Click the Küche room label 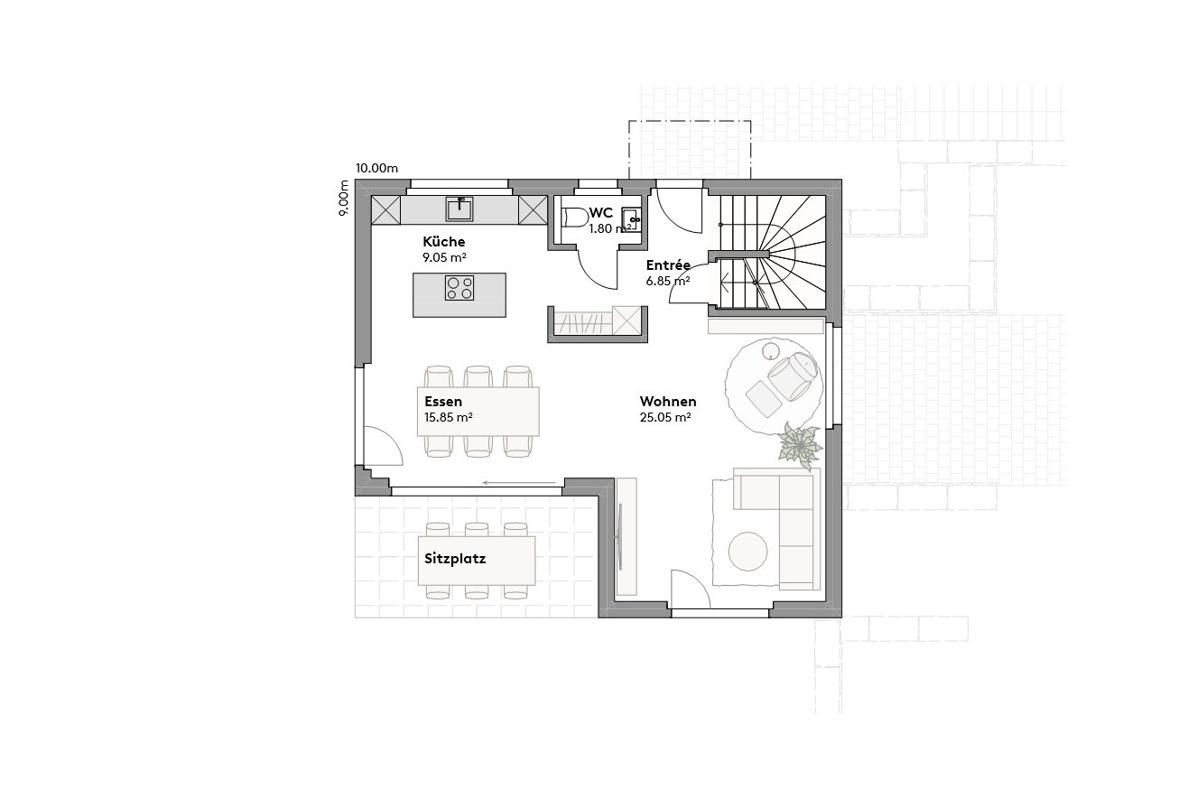coord(444,242)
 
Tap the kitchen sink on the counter coord(459,209)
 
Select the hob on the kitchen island coord(459,288)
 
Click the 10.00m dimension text coord(376,168)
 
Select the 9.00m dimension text coord(344,198)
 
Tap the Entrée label coord(668,265)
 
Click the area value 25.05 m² coord(665,417)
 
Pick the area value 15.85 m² coord(449,417)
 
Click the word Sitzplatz coord(455,559)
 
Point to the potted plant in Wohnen coord(801,445)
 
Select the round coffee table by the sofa coord(748,551)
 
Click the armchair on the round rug coord(792,375)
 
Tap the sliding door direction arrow coord(519,483)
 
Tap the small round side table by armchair coord(771,350)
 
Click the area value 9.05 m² coord(445,257)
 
